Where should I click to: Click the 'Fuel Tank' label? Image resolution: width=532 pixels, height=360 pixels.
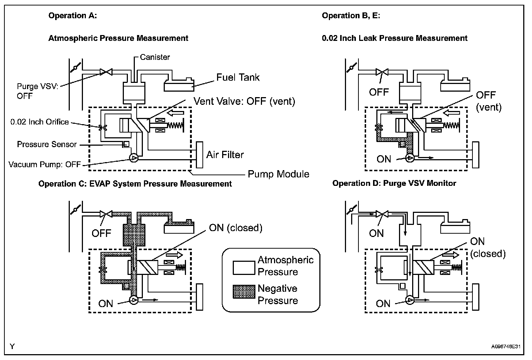pos(238,77)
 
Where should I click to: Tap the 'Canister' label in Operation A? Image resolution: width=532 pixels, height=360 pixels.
pos(155,57)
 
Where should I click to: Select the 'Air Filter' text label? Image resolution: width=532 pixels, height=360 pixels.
pos(225,155)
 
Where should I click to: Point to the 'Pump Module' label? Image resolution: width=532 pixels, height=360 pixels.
pos(278,174)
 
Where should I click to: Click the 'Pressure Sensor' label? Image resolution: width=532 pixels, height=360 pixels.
pos(47,144)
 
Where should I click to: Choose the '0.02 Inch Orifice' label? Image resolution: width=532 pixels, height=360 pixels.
pos(40,122)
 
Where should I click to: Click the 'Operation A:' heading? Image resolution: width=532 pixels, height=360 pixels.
pos(73,16)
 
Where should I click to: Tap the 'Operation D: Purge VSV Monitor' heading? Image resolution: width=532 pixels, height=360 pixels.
pos(394,183)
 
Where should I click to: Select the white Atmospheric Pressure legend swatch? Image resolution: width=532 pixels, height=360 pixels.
pos(244,268)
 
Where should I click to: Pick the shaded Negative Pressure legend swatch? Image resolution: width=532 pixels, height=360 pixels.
pos(244,292)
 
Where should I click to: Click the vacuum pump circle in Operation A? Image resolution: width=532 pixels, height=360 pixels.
pos(133,158)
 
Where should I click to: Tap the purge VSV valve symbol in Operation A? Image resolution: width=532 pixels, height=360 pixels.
pos(106,72)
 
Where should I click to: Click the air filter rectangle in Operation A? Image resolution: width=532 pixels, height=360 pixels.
pos(199,155)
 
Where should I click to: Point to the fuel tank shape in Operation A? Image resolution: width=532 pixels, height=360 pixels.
pos(179,84)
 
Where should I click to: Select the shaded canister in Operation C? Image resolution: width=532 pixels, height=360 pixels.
pos(134,235)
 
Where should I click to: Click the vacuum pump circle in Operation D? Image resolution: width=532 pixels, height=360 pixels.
pos(410,300)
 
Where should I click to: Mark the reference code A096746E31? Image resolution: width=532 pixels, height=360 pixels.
pos(506,347)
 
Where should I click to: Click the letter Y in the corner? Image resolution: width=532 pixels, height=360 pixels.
pos(12,346)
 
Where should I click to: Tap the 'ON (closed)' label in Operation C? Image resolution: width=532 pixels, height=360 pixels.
pos(236,228)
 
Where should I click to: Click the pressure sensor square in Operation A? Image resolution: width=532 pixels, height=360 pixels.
pos(126,144)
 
